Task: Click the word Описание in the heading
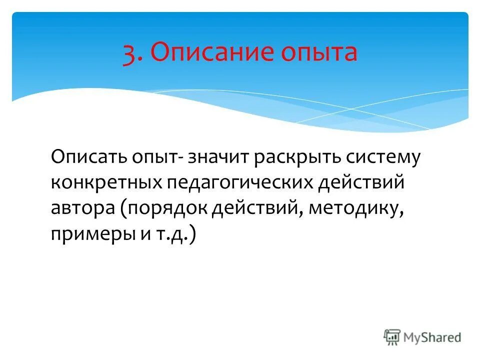tap(204, 53)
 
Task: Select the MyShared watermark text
tap(433, 337)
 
